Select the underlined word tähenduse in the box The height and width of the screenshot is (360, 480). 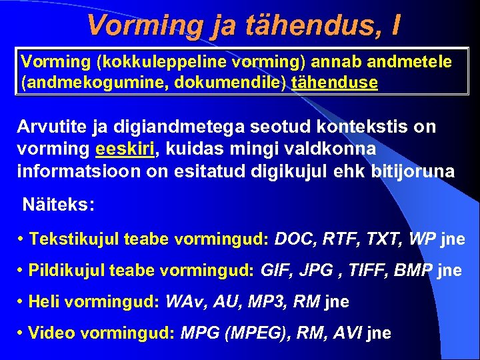point(335,83)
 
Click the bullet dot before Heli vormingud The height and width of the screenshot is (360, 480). point(23,302)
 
